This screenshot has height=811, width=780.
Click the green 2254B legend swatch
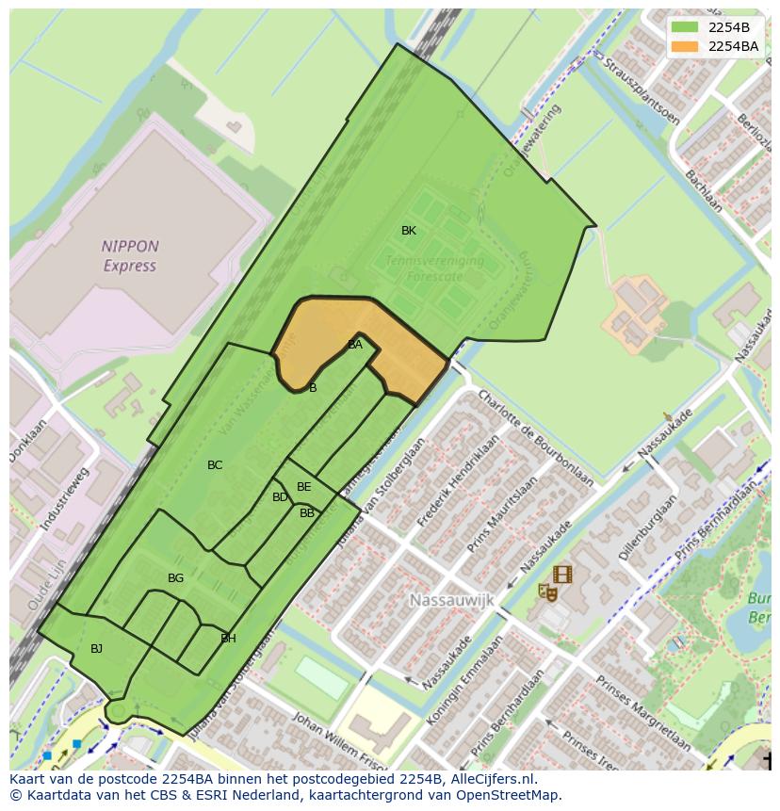pos(685,27)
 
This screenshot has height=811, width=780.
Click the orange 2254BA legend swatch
pos(685,46)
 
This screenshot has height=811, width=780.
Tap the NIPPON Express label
pos(130,256)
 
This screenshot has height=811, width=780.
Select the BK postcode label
pos(409,231)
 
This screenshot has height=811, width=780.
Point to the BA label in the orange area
pos(355,345)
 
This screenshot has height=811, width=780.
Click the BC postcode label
pos(215,465)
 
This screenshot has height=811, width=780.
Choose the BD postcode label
pos(280,497)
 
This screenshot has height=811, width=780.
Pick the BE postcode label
pos(303,487)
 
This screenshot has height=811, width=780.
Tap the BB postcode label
pos(307,513)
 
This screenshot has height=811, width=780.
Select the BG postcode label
pos(175,578)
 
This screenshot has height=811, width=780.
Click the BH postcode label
pos(228,639)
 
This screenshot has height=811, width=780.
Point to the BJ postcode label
pos(96,649)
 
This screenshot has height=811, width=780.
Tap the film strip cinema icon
pos(562,574)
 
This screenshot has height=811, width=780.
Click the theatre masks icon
pos(546,592)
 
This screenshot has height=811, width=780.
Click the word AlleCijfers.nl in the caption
pos(491,779)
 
